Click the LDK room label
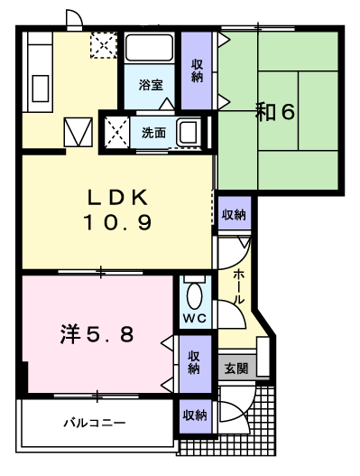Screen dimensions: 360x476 (117, 197)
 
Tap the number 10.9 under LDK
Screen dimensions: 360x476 (117, 222)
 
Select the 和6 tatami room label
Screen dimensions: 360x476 (275, 112)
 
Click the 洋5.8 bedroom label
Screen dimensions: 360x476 (97, 334)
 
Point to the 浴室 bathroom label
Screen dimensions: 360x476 (151, 85)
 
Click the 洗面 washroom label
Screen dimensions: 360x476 (153, 133)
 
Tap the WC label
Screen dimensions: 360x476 (195, 318)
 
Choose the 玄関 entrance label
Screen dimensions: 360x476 (236, 369)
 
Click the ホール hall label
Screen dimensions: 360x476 (238, 286)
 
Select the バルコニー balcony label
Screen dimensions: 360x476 (95, 423)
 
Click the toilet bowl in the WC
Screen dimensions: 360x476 (194, 296)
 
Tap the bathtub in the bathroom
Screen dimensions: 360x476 (149, 47)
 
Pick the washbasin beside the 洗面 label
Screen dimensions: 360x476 (189, 133)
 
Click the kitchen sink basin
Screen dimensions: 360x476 (41, 89)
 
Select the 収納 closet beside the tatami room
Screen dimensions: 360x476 (197, 70)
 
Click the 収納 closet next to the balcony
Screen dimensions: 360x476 (195, 415)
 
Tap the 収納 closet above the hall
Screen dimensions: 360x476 (234, 214)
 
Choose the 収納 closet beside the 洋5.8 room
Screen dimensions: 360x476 (194, 364)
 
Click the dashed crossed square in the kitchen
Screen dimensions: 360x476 (104, 45)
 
